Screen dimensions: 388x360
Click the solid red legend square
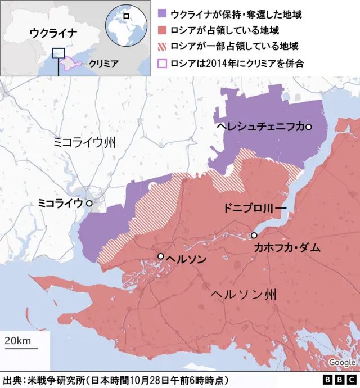[162, 30]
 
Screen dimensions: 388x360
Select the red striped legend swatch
[162, 46]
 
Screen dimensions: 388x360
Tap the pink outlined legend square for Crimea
[162, 63]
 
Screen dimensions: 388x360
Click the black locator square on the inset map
[58, 53]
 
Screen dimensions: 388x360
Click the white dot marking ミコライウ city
[89, 202]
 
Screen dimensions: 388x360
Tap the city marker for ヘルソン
[161, 256]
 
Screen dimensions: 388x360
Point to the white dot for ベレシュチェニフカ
[308, 127]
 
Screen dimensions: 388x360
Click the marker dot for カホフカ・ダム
[254, 235]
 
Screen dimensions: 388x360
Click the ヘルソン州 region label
[244, 294]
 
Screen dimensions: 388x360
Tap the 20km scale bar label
[18, 341]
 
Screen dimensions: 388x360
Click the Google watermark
[342, 362]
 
